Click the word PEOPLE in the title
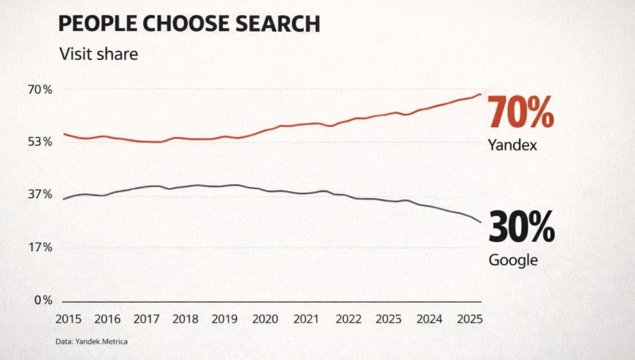pyautogui.click(x=96, y=24)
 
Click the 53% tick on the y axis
pyautogui.click(x=40, y=141)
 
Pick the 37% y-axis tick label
pyautogui.click(x=40, y=194)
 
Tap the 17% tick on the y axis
pyautogui.click(x=40, y=247)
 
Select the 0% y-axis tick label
pyautogui.click(x=43, y=300)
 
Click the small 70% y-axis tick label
pyautogui.click(x=40, y=89)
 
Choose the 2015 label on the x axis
pyautogui.click(x=68, y=318)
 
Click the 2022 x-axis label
pyautogui.click(x=349, y=318)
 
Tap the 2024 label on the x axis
pyautogui.click(x=428, y=318)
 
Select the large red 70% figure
pyautogui.click(x=521, y=112)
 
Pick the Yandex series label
pyautogui.click(x=513, y=145)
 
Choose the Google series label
pyautogui.click(x=513, y=260)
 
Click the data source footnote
pyautogui.click(x=91, y=342)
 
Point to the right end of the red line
pyautogui.click(x=480, y=94)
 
